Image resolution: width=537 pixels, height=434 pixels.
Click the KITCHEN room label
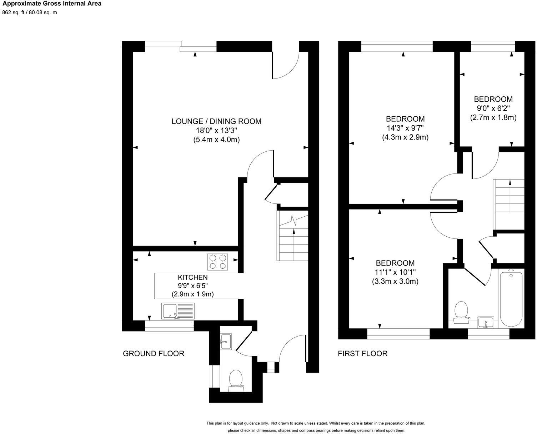pos(193,277)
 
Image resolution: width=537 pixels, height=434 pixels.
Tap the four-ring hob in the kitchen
pos(218,261)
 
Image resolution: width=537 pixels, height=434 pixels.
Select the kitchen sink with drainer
pos(178,311)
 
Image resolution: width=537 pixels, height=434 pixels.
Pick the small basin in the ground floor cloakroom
pos(226,342)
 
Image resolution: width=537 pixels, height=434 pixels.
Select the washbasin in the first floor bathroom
pos(486,322)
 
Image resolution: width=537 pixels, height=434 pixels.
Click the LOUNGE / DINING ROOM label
pos(216,121)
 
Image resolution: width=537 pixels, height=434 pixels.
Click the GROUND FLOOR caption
pos(154,353)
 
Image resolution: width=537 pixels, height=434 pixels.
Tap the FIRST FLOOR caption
pos(362,353)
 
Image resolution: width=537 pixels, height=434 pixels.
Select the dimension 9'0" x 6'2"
pos(493,108)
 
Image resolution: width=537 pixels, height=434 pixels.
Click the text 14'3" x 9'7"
pos(405,128)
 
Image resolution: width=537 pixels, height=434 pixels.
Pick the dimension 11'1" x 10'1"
pos(395,272)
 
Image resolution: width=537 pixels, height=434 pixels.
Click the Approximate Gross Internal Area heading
pos(52,4)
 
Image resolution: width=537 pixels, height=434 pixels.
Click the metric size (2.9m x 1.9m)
pos(193,294)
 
